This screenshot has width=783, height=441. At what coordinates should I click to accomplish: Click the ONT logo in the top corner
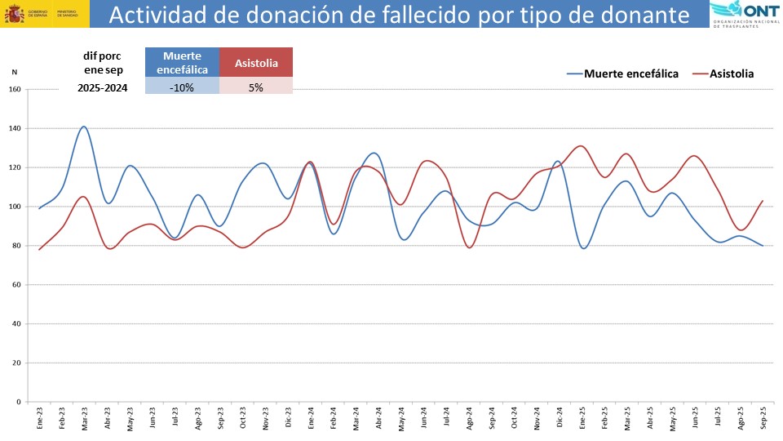click(745, 14)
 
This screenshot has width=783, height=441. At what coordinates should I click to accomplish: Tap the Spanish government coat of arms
click(14, 14)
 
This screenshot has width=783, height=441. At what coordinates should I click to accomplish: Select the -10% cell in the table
click(182, 87)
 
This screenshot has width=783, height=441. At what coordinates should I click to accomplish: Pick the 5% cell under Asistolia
click(256, 87)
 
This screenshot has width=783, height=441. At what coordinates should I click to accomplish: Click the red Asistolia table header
click(256, 63)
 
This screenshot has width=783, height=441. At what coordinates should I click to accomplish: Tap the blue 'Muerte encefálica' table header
click(182, 63)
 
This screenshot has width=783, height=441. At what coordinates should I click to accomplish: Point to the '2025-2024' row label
click(102, 87)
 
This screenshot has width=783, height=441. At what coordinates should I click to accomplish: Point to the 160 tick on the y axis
click(14, 90)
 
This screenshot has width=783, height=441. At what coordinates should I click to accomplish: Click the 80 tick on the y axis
click(15, 246)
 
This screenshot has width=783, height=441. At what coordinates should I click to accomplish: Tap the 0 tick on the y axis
click(18, 402)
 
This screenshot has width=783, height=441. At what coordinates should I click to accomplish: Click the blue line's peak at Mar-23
click(84, 127)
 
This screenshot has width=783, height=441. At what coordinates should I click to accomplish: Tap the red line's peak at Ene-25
click(580, 146)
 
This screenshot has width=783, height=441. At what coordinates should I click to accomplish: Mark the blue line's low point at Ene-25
click(583, 247)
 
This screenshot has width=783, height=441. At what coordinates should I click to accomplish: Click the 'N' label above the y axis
click(14, 72)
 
